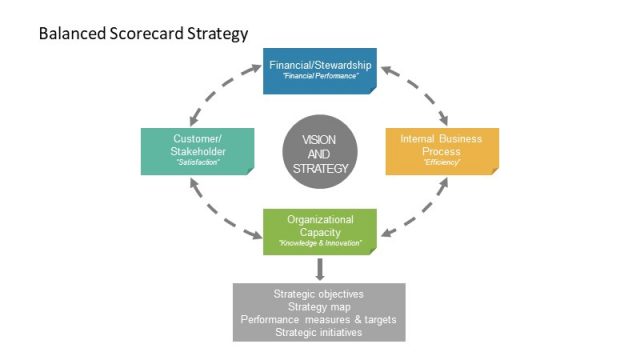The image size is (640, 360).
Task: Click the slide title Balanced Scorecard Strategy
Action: click(142, 34)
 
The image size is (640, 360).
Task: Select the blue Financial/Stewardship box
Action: click(319, 70)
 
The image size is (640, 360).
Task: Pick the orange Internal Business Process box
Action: click(441, 151)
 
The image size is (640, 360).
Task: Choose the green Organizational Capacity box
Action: click(319, 231)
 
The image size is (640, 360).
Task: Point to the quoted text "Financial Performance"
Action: click(320, 77)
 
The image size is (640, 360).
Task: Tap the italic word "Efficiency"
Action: click(441, 162)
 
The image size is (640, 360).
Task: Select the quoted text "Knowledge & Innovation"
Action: click(320, 244)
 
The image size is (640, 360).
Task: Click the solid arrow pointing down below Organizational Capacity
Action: click(320, 268)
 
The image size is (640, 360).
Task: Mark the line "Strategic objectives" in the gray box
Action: click(319, 295)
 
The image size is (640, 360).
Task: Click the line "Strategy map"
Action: click(319, 307)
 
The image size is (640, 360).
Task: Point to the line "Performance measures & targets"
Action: click(319, 320)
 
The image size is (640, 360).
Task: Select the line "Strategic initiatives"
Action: click(319, 332)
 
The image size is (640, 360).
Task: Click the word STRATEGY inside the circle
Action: click(320, 168)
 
